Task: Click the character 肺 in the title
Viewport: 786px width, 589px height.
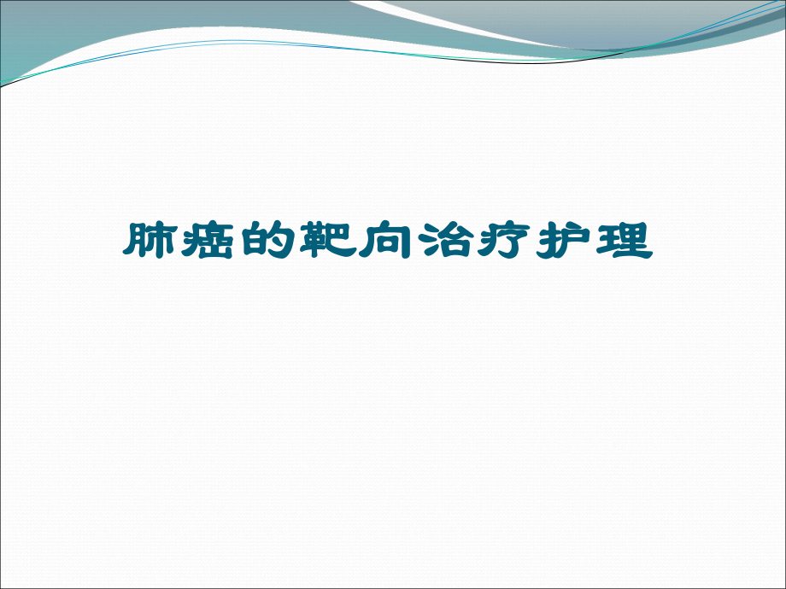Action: (x=151, y=242)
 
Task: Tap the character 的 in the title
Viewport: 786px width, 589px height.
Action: (x=269, y=242)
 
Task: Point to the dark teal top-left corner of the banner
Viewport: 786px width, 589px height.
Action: (x=34, y=26)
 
